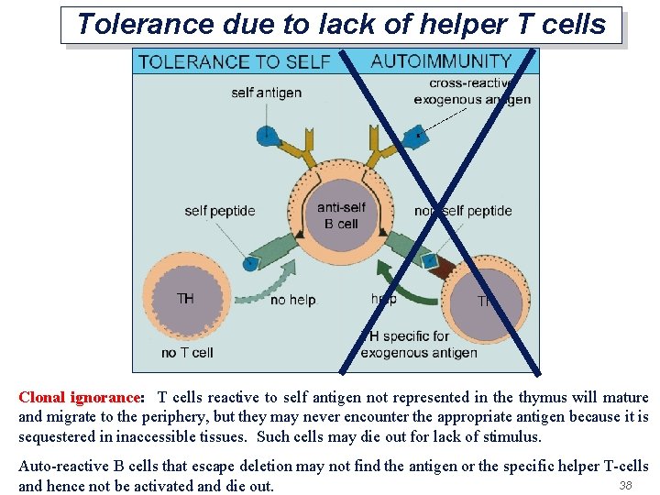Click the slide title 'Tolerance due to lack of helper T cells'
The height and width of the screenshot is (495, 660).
click(341, 25)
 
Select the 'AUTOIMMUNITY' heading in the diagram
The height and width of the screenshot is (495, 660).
click(441, 61)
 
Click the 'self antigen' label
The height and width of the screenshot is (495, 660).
click(266, 93)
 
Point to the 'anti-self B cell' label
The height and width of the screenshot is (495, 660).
click(341, 215)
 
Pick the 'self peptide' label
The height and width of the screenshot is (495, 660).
click(219, 211)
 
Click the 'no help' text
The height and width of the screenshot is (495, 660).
click(292, 300)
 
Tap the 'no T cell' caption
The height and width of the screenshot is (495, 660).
click(187, 352)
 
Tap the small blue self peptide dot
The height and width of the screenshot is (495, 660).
click(249, 264)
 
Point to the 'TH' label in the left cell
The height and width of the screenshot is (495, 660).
click(186, 298)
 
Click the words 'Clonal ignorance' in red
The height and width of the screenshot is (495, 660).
click(80, 398)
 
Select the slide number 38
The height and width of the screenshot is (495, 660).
click(626, 485)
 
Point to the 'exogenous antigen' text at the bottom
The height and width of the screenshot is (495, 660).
click(419, 353)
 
